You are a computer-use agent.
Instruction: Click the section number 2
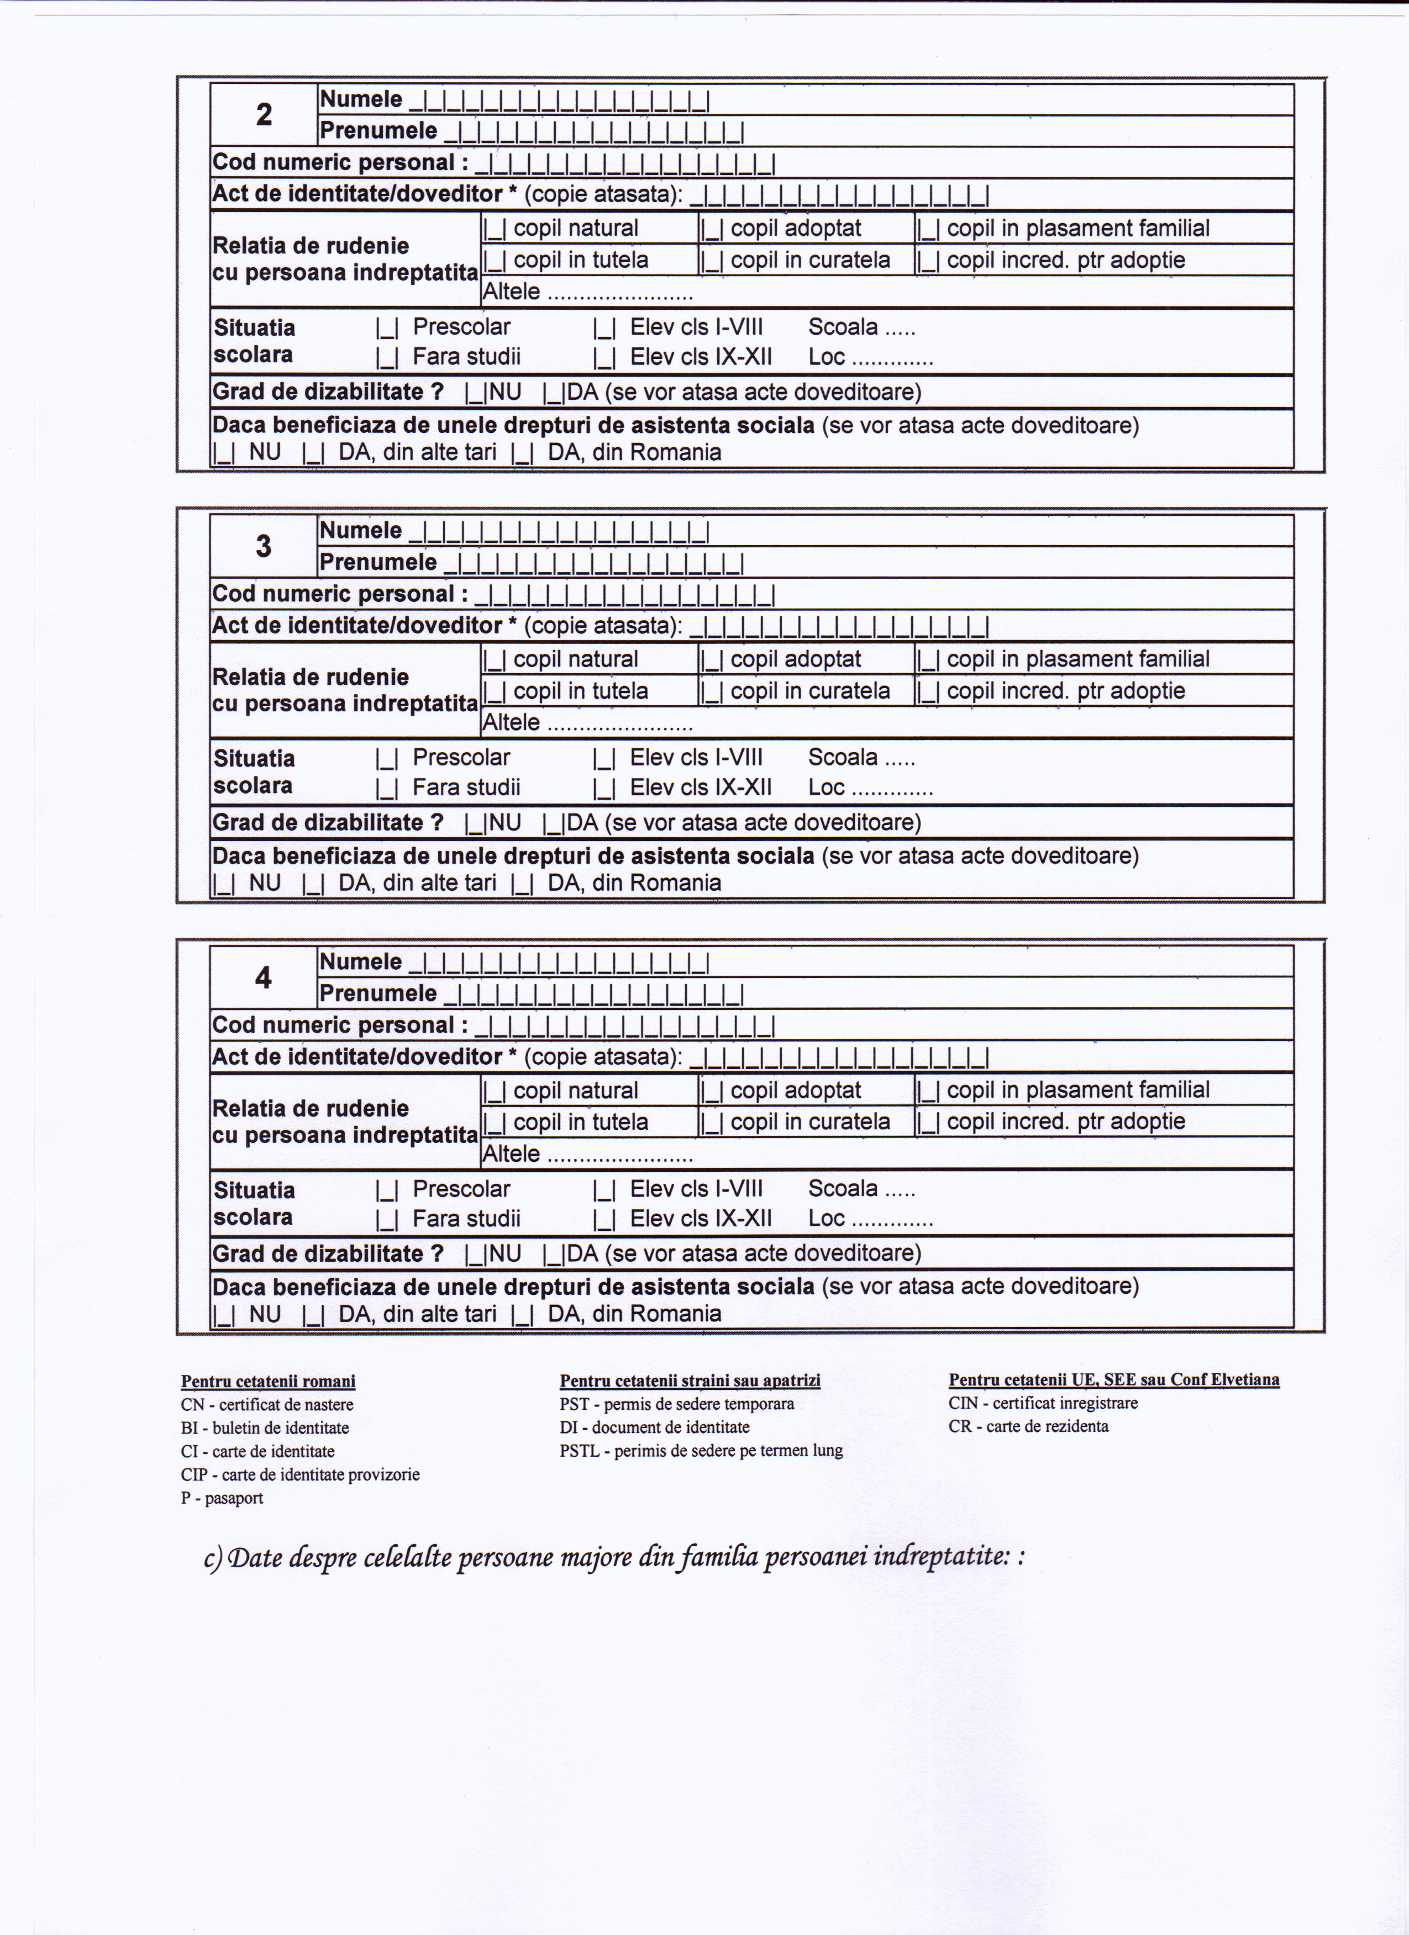tap(264, 114)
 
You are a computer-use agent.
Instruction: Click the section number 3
tap(264, 546)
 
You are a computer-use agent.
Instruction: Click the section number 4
tap(264, 977)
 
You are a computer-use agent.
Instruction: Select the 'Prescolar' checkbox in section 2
tap(387, 327)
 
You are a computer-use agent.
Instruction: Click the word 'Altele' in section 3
tap(511, 723)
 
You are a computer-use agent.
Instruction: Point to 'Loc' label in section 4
tap(826, 1218)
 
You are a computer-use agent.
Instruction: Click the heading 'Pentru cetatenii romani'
tap(268, 1381)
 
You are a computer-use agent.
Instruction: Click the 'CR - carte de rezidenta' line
tap(1028, 1426)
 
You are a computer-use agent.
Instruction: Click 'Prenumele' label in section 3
tap(378, 562)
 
